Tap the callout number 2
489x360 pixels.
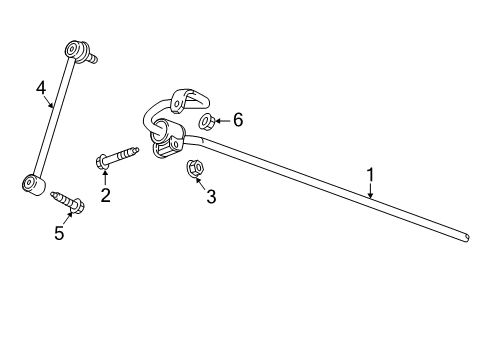click(x=105, y=195)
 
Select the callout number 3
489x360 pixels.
click(x=211, y=197)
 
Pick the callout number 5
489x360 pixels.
click(x=59, y=233)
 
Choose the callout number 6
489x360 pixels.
click(x=238, y=120)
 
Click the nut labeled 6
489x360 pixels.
click(x=205, y=122)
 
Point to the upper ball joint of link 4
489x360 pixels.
click(x=76, y=49)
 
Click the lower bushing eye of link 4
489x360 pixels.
click(x=32, y=183)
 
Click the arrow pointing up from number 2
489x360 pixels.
click(x=104, y=177)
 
